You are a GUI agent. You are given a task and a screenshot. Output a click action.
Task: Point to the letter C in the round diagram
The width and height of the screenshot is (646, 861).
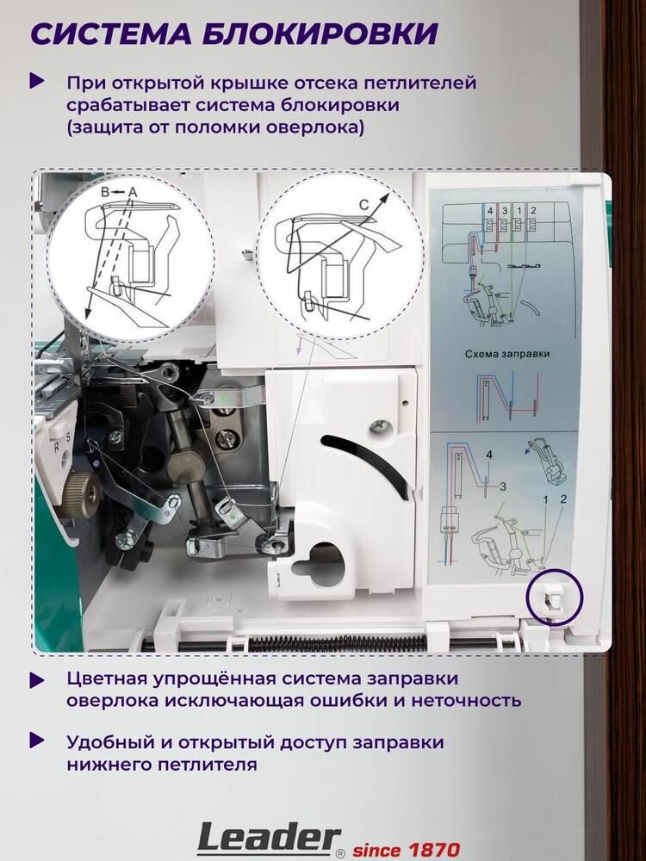tap(363, 204)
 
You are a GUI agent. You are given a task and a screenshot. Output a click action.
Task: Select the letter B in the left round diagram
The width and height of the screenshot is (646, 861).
tap(106, 192)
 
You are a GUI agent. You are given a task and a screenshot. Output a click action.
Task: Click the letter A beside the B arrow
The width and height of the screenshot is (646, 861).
tap(132, 192)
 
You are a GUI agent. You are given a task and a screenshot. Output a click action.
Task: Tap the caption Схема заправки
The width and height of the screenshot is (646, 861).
tap(507, 354)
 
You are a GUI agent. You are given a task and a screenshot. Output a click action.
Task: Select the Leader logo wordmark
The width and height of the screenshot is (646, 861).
tap(269, 839)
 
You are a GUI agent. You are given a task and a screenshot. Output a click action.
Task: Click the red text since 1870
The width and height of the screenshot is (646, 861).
tap(406, 850)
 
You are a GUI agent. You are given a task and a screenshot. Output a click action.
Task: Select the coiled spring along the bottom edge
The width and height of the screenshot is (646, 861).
tap(338, 642)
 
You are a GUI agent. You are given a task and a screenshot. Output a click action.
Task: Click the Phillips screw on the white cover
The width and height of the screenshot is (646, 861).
tap(380, 427)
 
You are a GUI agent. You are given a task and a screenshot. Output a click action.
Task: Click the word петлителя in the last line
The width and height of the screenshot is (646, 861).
tap(208, 765)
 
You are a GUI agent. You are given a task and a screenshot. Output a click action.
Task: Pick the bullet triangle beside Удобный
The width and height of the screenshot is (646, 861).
tap(37, 741)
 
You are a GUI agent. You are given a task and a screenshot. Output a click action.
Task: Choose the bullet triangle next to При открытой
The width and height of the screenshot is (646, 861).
tap(37, 82)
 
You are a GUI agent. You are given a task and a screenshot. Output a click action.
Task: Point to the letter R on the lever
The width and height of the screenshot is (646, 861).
tap(56, 447)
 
